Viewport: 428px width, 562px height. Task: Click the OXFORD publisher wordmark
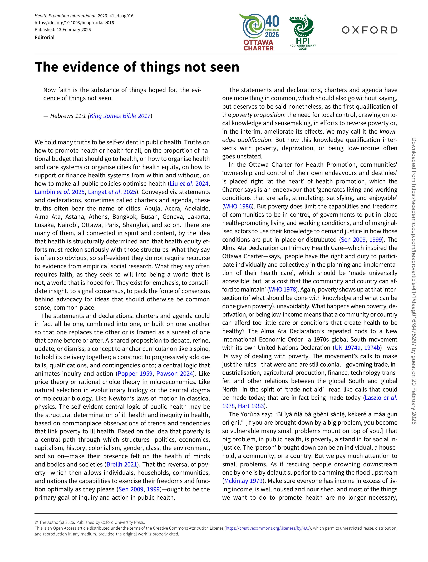tap(369, 30)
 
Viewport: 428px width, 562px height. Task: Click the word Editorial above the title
tap(45, 37)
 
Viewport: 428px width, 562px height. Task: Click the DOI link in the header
tap(74, 23)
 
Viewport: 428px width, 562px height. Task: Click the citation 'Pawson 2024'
tap(175, 373)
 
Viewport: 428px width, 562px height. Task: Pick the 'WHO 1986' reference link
tap(238, 206)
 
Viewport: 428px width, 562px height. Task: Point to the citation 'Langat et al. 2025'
tap(112, 192)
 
